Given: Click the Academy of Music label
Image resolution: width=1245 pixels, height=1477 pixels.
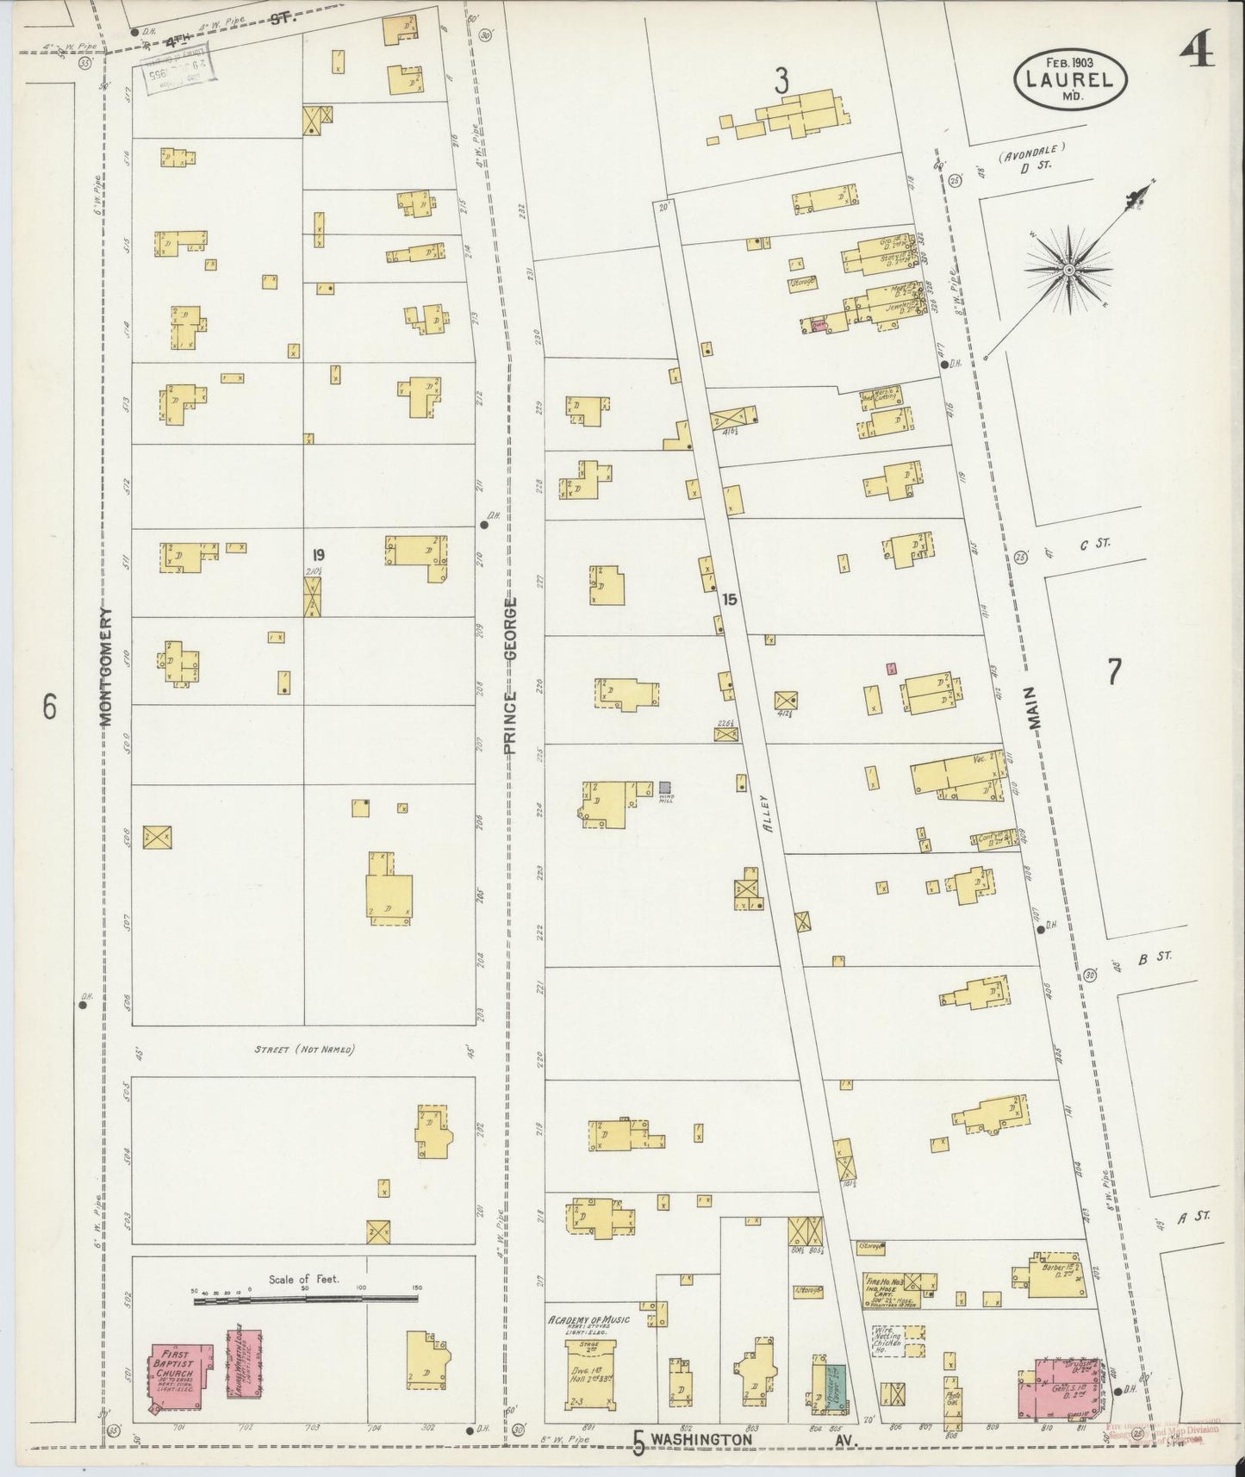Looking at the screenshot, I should tap(588, 1320).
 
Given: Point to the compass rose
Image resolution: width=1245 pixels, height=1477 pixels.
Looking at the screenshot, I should tap(1068, 270).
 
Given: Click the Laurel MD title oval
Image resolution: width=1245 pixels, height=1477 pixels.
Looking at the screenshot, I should tap(1071, 79).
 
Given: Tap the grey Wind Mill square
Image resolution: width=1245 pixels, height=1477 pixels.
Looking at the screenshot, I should tap(664, 787).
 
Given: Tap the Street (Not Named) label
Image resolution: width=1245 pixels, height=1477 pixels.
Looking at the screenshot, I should tap(305, 1050).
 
